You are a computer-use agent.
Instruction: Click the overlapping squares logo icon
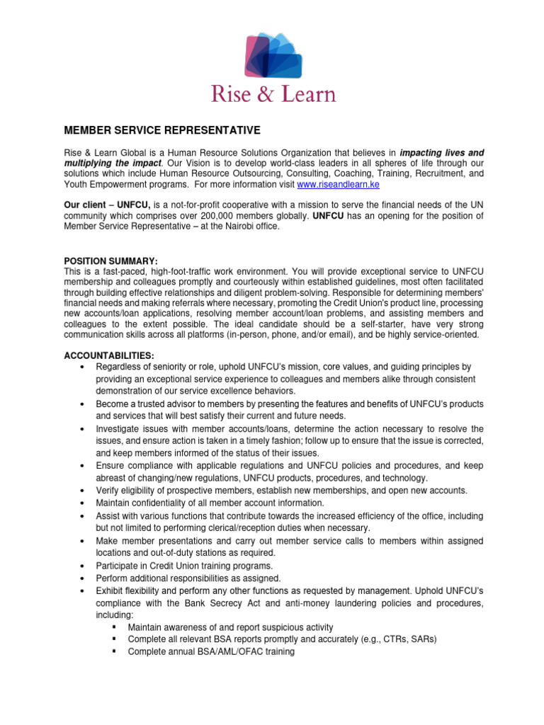click(273, 55)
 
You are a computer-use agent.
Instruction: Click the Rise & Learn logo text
click(273, 94)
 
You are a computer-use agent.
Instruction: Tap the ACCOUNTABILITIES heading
click(110, 355)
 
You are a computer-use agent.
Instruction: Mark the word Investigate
click(119, 429)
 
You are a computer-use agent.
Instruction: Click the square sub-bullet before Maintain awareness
click(114, 627)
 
